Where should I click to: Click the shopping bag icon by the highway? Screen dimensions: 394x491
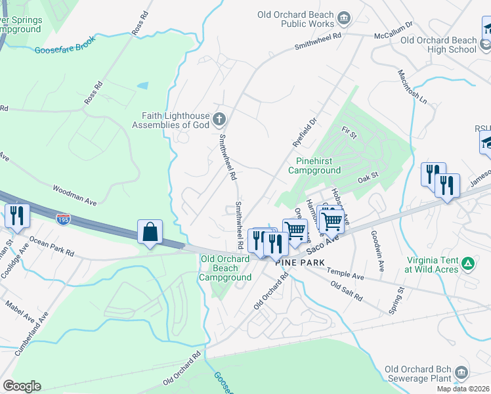pos(150,232)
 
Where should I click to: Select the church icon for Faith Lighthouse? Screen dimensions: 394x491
pos(220,119)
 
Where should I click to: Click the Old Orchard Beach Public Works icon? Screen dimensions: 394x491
pos(343,16)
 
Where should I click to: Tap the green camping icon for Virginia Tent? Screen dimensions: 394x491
pos(467,263)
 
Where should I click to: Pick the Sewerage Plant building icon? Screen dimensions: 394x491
pos(461,373)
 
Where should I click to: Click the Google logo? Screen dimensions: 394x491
pos(22,386)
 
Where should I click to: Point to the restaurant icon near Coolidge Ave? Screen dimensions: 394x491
pos(16,215)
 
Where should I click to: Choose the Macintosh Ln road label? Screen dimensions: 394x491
pos(412,87)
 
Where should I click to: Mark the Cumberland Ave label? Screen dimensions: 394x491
pos(36,326)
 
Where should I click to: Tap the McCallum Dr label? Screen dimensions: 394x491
pos(392,30)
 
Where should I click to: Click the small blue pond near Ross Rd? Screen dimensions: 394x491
pos(142,85)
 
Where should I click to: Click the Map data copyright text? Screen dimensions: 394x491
pos(463,389)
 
